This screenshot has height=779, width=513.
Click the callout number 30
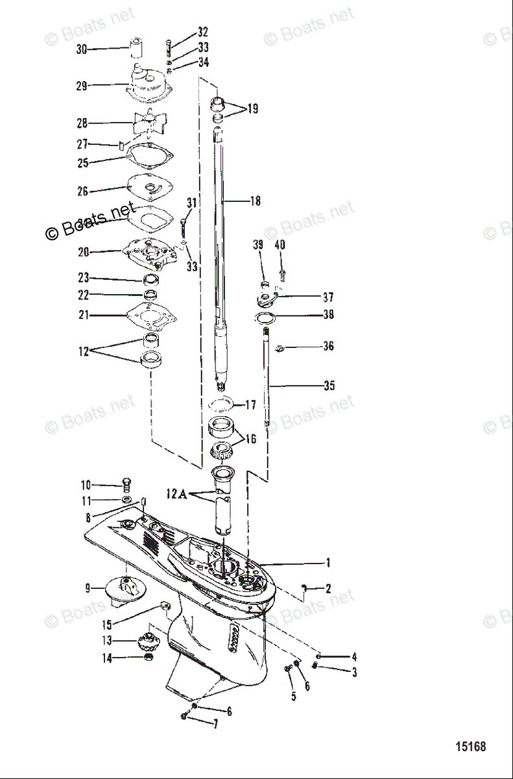(x=82, y=49)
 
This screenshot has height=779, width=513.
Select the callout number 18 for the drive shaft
(x=255, y=201)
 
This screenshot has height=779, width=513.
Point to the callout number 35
(x=329, y=386)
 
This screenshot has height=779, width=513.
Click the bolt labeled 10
(x=127, y=484)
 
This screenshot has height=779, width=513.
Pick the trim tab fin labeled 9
(x=123, y=591)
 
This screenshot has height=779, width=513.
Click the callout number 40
(x=280, y=245)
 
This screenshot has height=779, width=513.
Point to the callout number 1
(x=328, y=563)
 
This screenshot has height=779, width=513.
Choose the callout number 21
(x=83, y=315)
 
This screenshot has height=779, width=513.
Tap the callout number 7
(x=217, y=722)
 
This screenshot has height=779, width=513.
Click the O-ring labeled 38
(x=264, y=317)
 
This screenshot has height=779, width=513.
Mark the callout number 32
(x=203, y=32)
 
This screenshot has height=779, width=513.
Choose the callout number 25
(x=83, y=163)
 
